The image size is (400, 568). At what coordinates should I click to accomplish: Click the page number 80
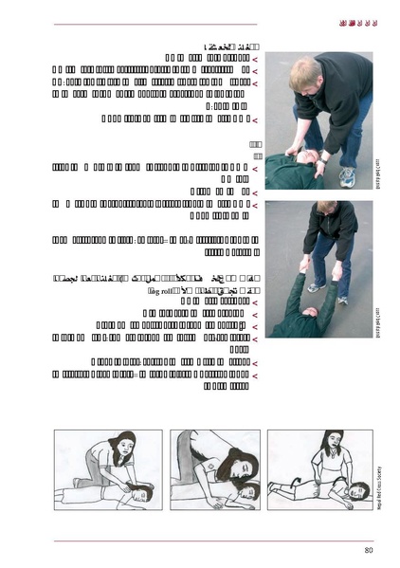coord(368,551)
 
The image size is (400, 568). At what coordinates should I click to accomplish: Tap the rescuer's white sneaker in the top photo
coord(348,175)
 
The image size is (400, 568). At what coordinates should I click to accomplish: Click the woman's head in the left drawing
coord(125,445)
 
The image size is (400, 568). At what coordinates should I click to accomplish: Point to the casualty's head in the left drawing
coord(143,492)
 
